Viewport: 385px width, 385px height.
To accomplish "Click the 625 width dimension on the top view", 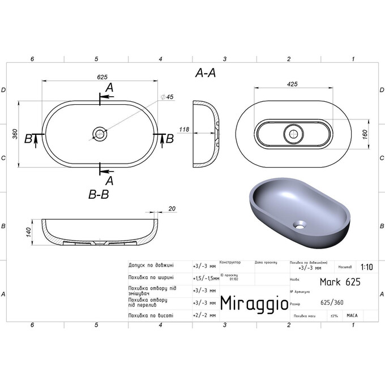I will click(x=102, y=77).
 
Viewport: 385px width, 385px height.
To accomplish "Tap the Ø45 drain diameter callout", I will click(x=167, y=97).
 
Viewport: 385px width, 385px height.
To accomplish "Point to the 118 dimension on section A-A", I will click(x=184, y=130).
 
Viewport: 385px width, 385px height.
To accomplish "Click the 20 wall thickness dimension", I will click(x=172, y=209).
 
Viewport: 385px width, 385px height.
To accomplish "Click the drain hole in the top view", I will click(x=100, y=134).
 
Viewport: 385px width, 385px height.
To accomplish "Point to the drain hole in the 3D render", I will click(x=298, y=224).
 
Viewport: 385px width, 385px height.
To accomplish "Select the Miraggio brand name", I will click(x=253, y=303).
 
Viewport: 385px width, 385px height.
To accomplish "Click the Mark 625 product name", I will click(x=340, y=281).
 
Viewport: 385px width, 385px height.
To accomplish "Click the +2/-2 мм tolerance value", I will click(x=204, y=315).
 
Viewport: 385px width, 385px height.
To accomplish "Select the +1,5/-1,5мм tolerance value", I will click(x=205, y=278).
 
